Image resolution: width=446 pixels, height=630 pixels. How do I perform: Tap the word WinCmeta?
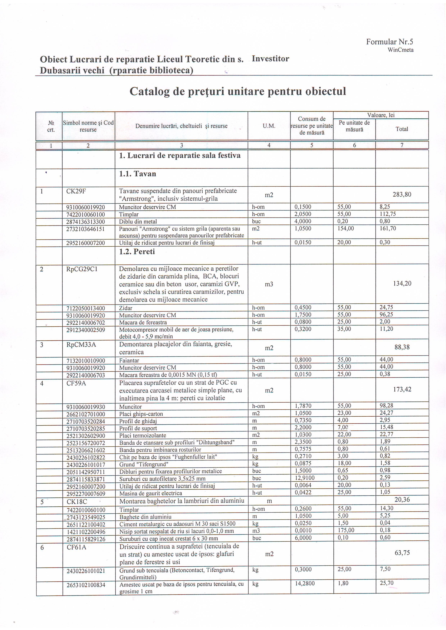pos(401,50)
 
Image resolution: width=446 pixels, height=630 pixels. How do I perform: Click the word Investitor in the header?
pos(270,59)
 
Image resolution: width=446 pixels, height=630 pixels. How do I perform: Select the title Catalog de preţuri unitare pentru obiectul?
pos(238,91)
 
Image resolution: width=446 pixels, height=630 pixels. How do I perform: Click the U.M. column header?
pos(269,126)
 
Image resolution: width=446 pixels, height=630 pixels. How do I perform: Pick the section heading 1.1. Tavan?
pos(138,174)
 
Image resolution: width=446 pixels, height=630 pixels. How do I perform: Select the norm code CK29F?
pos(76,191)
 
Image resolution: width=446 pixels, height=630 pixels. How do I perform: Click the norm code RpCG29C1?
pos(82,269)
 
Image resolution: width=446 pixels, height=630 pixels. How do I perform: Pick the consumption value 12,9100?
pos(305,478)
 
